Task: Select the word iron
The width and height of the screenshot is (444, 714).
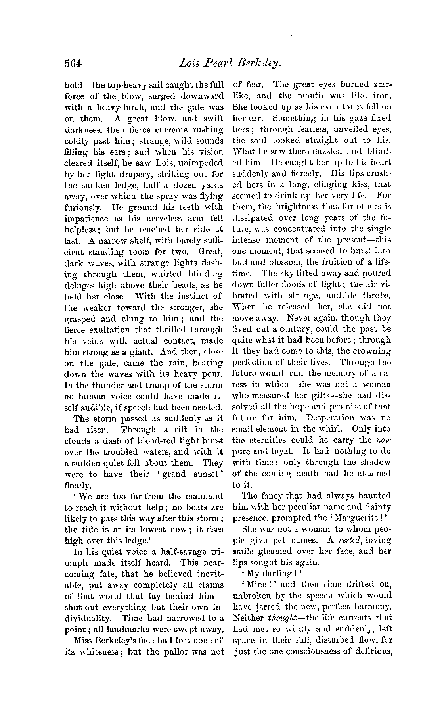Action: (381, 96)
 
